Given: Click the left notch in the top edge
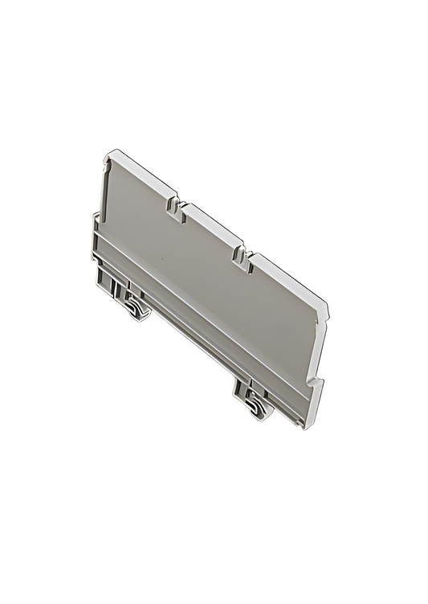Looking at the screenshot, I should pos(174,206).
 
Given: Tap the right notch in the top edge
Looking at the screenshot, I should pos(239,254).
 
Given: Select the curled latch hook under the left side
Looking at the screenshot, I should pos(136,306).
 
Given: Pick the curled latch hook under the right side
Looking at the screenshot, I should pos(255,405).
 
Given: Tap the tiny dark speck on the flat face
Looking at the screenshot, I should pos(160,260).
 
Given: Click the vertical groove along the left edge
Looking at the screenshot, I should pos(104,193).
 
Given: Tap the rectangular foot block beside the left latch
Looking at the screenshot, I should pos(108,281).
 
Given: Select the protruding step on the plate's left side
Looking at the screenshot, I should pos(96,233).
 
